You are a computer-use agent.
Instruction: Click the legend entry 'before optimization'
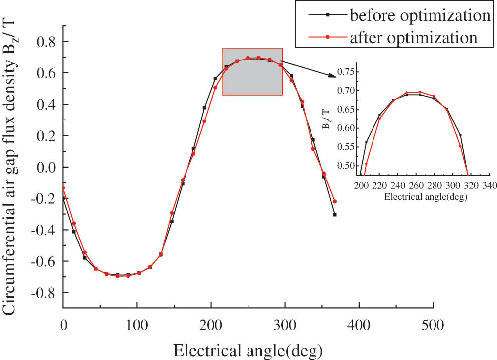[420, 16]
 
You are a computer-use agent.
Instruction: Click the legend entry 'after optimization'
[414, 37]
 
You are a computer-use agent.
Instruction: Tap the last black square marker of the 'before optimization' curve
[335, 215]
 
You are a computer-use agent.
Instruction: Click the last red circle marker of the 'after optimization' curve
[335, 202]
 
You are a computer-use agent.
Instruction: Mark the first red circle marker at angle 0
[63, 187]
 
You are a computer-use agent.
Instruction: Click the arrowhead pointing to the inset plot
[332, 75]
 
